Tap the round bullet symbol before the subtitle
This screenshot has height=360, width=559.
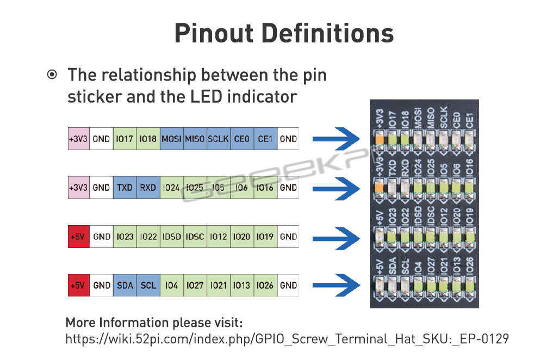click(x=52, y=75)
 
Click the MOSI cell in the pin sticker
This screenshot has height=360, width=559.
click(x=172, y=139)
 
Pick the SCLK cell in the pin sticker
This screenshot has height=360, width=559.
click(x=219, y=139)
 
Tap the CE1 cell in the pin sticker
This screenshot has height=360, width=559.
click(x=265, y=139)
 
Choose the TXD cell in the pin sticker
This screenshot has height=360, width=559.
click(x=125, y=188)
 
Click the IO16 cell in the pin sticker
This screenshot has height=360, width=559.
click(x=265, y=188)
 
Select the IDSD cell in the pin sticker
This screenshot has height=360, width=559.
click(x=172, y=237)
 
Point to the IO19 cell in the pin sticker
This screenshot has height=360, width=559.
click(x=265, y=237)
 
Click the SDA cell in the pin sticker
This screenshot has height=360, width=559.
click(x=125, y=285)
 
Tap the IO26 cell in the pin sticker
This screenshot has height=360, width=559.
click(x=265, y=285)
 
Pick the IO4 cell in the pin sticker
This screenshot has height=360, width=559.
click(x=172, y=285)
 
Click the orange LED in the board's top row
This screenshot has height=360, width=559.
click(x=380, y=139)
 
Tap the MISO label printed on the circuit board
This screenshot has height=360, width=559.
click(x=431, y=117)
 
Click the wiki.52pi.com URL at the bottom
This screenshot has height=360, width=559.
click(x=287, y=339)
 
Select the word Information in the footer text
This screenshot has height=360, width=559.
click(x=134, y=322)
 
